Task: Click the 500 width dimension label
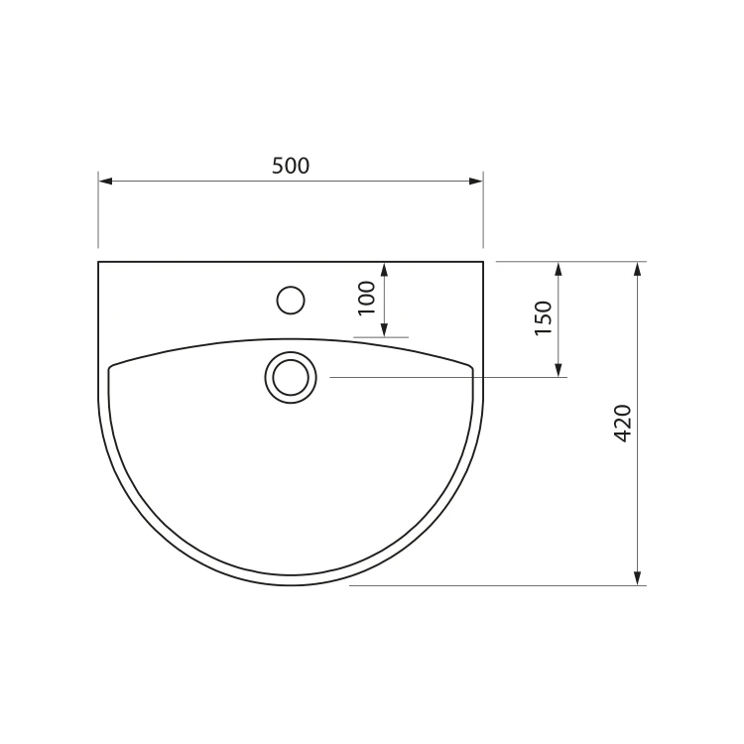(x=291, y=166)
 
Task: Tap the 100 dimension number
(x=367, y=298)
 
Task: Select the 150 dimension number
(x=544, y=317)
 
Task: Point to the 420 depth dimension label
(x=623, y=424)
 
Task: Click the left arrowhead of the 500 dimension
(x=105, y=181)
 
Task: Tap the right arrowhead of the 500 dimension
(x=476, y=181)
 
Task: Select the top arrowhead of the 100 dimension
(x=384, y=269)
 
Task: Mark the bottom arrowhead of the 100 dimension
(x=384, y=329)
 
